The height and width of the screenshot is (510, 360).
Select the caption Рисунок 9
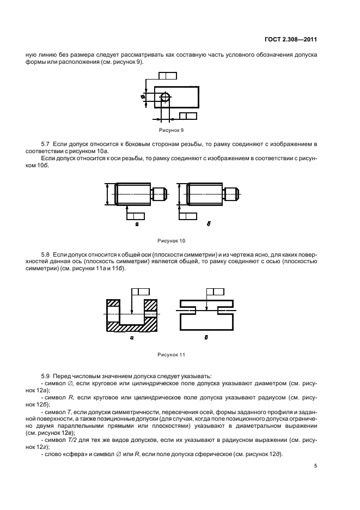(x=171, y=131)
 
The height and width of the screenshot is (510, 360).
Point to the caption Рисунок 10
(x=171, y=240)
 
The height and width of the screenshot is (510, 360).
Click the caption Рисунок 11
(x=171, y=355)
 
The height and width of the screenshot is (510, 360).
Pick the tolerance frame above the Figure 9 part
(x=166, y=76)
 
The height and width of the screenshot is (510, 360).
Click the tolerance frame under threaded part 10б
(x=188, y=216)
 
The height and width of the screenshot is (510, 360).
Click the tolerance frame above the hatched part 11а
(x=140, y=292)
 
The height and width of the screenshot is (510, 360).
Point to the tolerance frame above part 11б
(x=215, y=292)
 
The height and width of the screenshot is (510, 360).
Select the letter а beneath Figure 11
(x=132, y=338)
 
